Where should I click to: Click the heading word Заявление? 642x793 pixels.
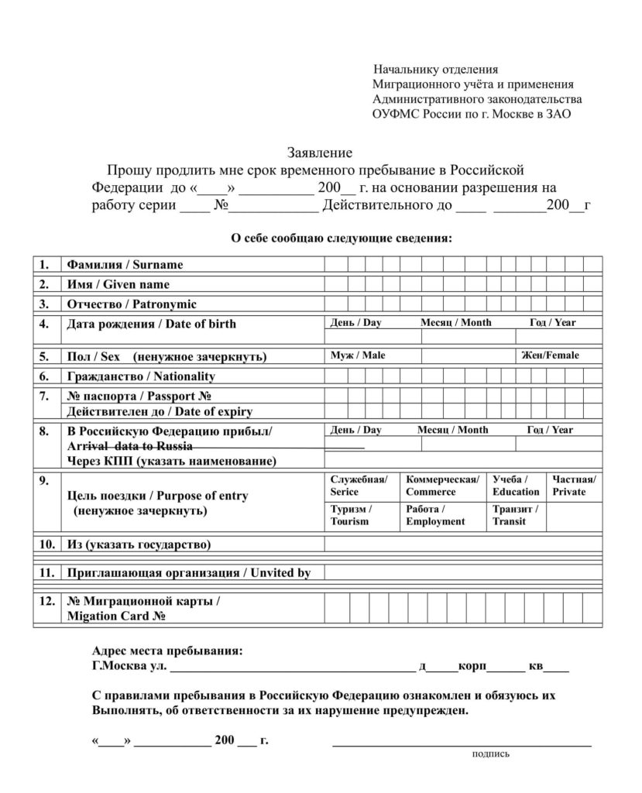320,153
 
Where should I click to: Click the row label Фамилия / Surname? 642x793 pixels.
125,265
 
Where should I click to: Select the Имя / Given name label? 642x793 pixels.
118,284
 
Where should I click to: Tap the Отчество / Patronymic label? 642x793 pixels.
132,304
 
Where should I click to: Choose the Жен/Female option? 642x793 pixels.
550,355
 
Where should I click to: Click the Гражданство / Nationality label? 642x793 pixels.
141,376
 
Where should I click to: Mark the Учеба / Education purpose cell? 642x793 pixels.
516,486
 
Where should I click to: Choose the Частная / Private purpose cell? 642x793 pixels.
574,486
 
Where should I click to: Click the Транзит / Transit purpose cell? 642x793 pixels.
516,516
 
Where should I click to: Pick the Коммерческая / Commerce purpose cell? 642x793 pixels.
442,486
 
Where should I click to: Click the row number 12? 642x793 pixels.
46,600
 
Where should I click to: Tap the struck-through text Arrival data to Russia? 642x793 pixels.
130,447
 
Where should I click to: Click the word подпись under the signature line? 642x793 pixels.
491,754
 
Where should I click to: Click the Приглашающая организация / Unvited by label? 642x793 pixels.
188,573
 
